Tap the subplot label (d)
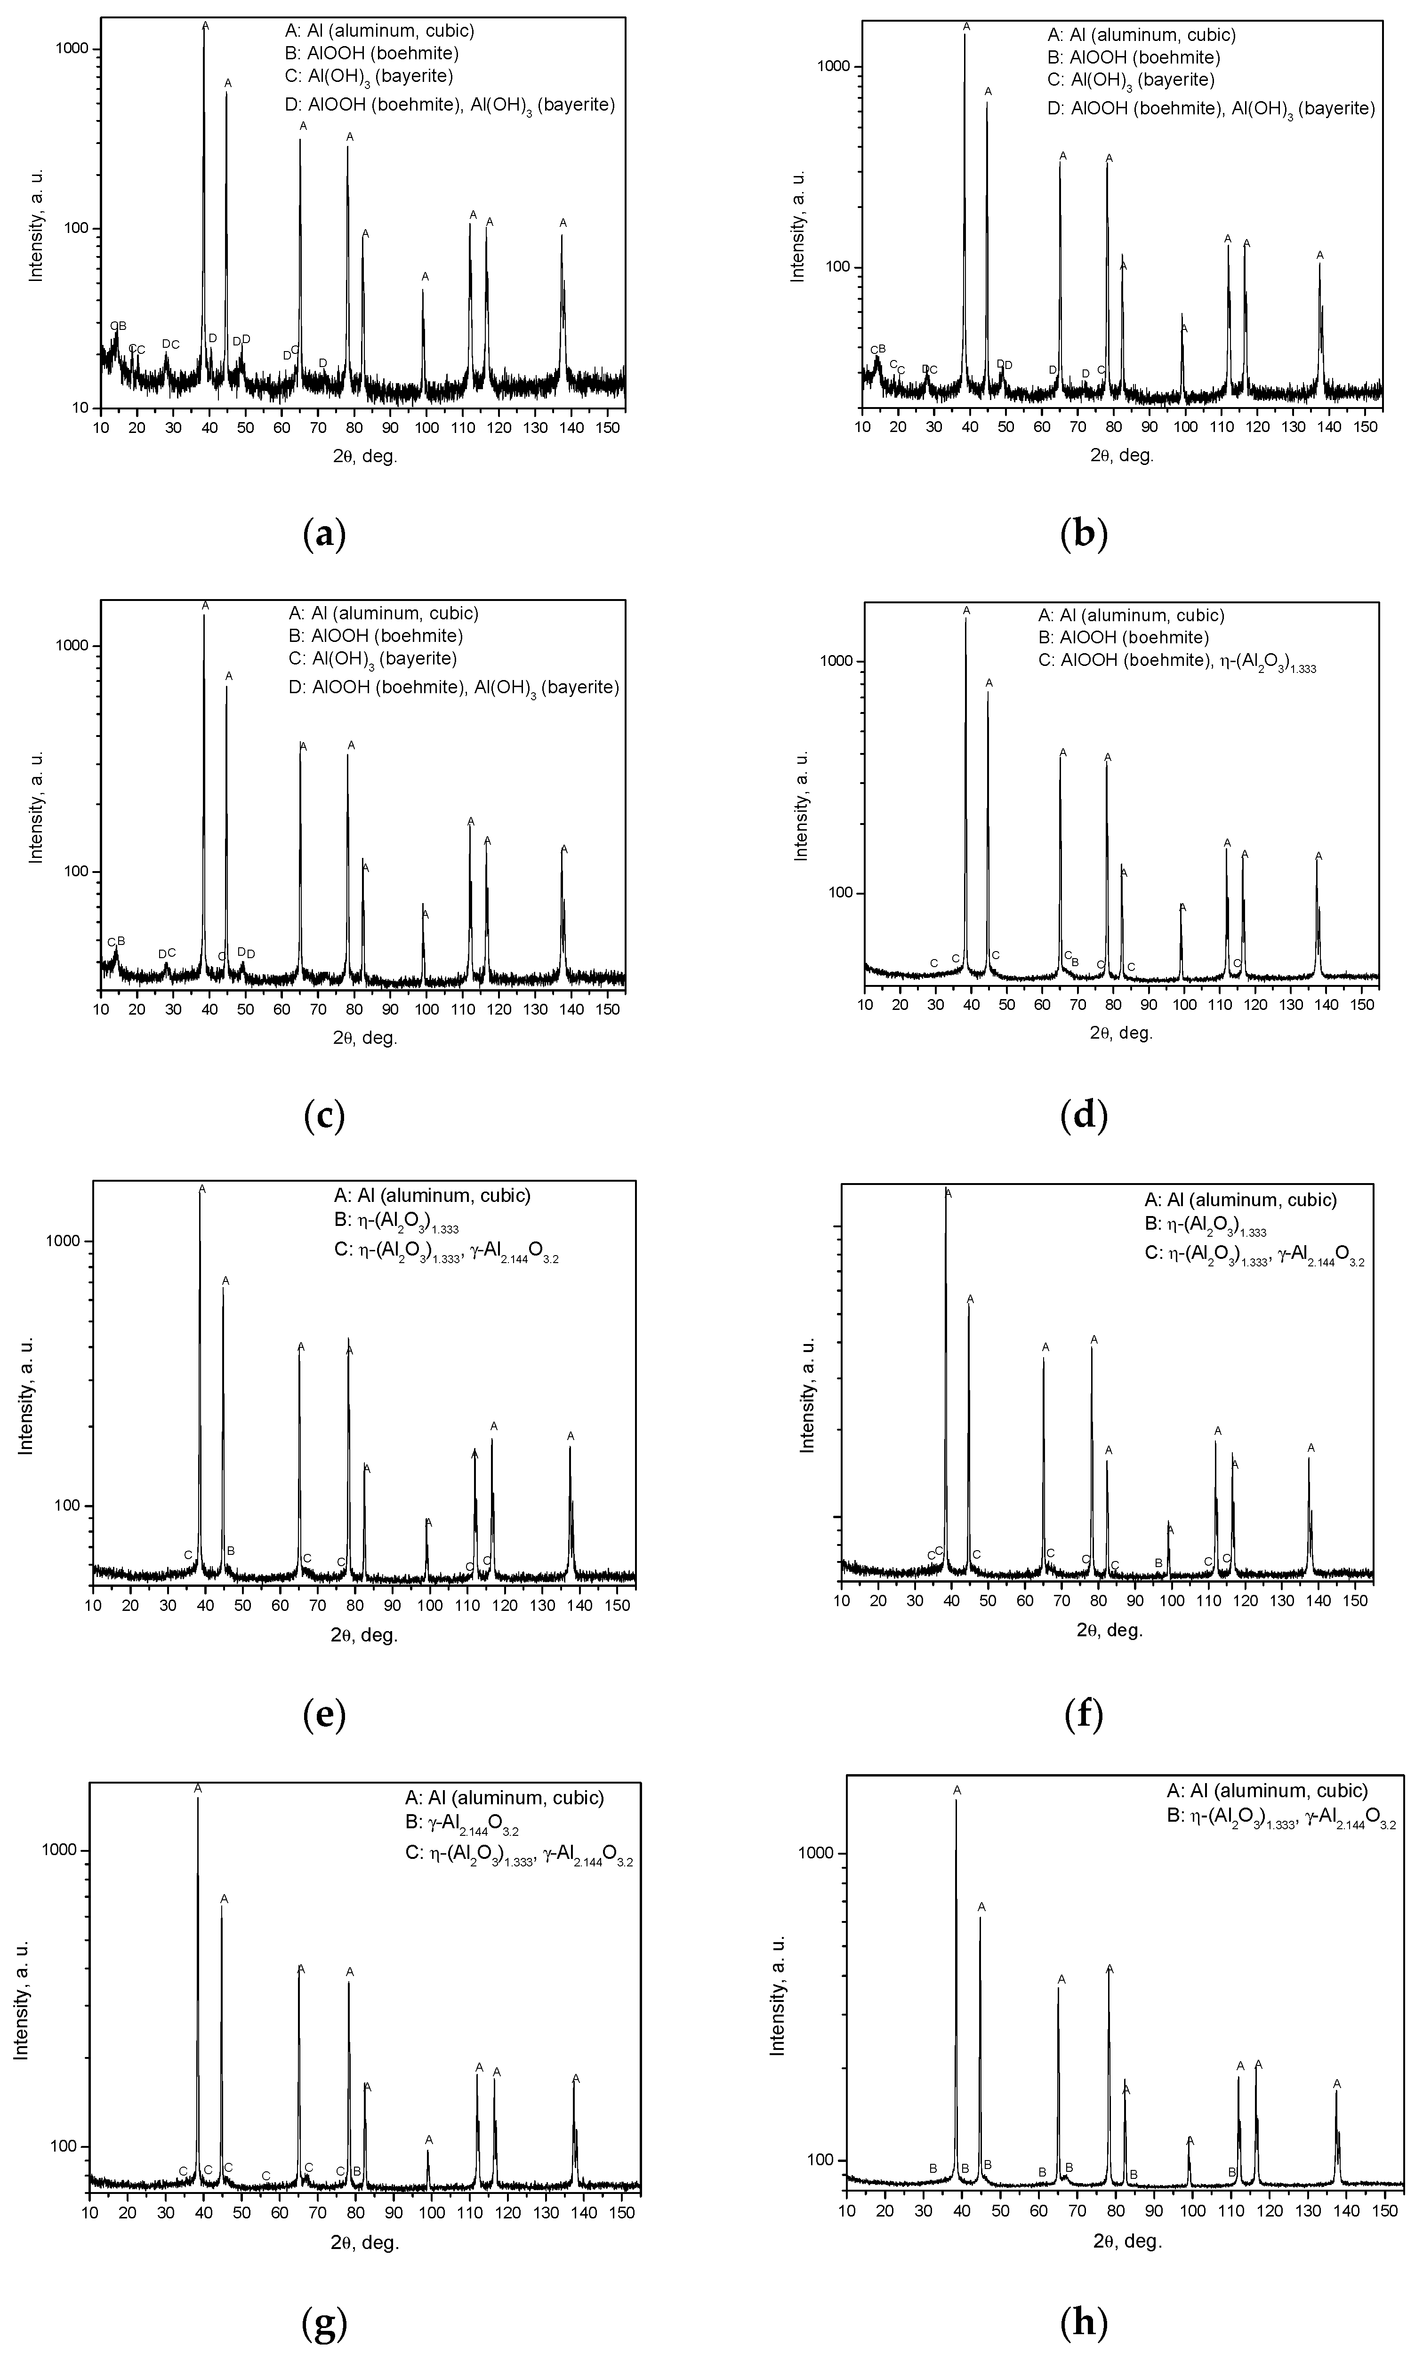click(1084, 1115)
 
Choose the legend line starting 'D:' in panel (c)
click(455, 688)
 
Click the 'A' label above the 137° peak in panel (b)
click(1320, 255)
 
